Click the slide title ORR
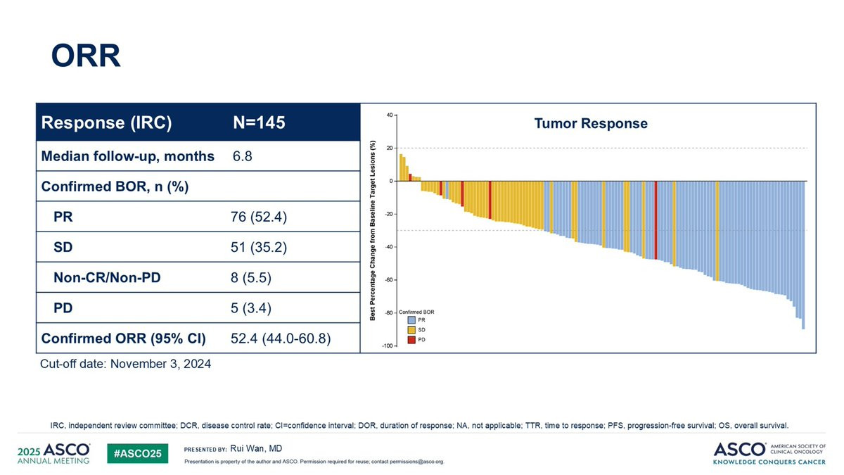86,56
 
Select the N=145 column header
259,123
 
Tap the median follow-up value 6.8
242,156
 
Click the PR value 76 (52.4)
254,217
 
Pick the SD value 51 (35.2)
254,248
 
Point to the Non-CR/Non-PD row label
107,278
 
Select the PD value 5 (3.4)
250,308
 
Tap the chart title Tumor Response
591,124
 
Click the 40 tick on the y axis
390,115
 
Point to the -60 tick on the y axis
388,280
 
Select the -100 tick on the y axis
387,346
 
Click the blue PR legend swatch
411,320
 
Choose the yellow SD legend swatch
411,329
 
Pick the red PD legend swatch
411,339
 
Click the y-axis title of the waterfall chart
373,230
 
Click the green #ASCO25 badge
138,454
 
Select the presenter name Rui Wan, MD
256,448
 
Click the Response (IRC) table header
107,123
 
